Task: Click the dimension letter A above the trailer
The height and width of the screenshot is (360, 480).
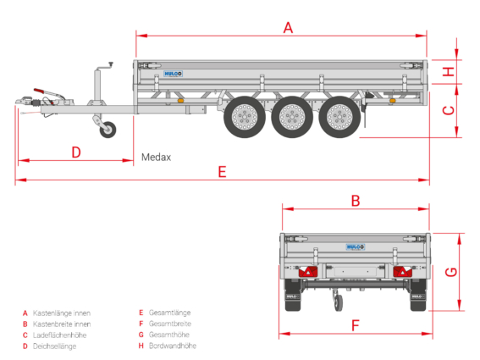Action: click(x=288, y=28)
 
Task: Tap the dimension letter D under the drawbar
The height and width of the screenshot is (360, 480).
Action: click(x=76, y=152)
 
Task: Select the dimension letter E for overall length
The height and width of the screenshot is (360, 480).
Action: click(x=223, y=172)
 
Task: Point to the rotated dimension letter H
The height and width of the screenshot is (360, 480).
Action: click(x=449, y=72)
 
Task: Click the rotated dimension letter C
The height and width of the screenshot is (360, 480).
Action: click(x=449, y=110)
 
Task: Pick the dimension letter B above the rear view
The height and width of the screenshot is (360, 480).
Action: click(x=356, y=201)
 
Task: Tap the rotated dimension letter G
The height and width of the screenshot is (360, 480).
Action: click(x=451, y=272)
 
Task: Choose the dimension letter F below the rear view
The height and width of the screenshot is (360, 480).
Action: click(x=355, y=325)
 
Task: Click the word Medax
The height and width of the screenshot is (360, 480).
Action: click(x=156, y=158)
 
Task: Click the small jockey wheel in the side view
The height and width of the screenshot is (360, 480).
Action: click(x=108, y=130)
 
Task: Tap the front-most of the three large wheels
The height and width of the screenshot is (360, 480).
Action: click(x=245, y=117)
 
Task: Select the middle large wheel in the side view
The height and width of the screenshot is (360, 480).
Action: click(x=292, y=117)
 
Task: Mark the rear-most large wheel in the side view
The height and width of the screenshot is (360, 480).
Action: click(x=339, y=117)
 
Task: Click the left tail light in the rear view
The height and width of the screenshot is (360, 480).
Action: click(x=308, y=271)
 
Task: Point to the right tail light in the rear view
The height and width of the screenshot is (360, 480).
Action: click(x=403, y=271)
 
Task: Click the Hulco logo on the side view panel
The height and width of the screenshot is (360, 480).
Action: click(x=173, y=74)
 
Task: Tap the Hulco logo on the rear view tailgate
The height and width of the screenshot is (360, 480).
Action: click(x=356, y=247)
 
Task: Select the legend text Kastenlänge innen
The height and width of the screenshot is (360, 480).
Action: click(x=62, y=313)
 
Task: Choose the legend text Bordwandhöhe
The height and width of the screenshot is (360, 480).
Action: click(x=173, y=346)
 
